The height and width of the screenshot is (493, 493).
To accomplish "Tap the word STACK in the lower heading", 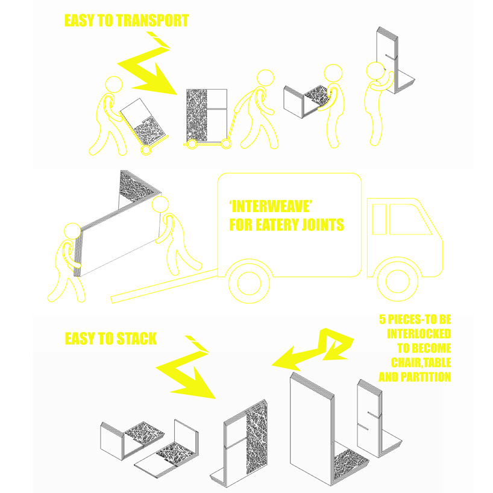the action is pyautogui.click(x=136, y=339).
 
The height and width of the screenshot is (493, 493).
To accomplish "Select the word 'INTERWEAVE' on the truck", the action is pyautogui.click(x=271, y=207).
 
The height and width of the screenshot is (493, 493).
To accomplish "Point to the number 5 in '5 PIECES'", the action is pyautogui.click(x=382, y=319).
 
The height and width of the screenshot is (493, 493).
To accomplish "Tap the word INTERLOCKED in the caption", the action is pyautogui.click(x=419, y=334).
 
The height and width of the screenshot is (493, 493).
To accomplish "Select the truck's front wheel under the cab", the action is pyautogui.click(x=397, y=281).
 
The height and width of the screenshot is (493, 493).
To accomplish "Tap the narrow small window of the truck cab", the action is pyautogui.click(x=379, y=219).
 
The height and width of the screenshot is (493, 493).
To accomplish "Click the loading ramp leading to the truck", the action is pyautogui.click(x=164, y=286).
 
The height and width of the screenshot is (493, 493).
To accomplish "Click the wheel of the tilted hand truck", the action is pyautogui.click(x=146, y=149).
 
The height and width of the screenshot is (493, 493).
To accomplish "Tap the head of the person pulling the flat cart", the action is pyautogui.click(x=265, y=78).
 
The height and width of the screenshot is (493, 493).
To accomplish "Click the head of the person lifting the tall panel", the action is pyautogui.click(x=375, y=71).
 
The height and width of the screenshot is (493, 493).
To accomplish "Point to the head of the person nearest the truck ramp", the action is pyautogui.click(x=160, y=205).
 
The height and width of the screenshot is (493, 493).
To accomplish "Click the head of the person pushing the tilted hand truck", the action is pyautogui.click(x=114, y=84).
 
